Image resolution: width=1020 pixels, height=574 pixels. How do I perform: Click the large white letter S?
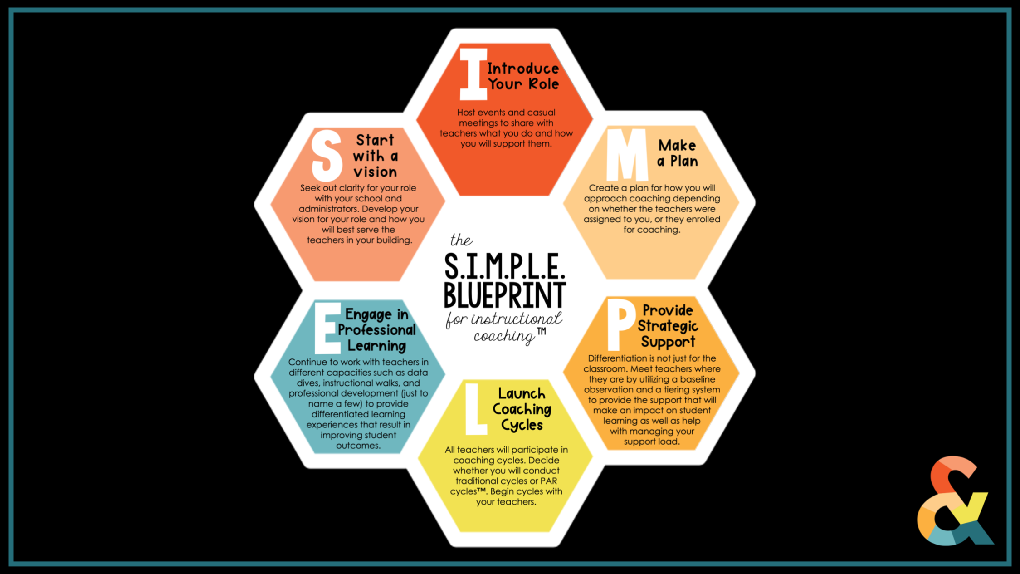tap(327, 155)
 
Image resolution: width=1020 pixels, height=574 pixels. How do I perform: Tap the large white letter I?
tap(473, 74)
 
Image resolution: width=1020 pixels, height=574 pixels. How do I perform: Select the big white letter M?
tap(627, 154)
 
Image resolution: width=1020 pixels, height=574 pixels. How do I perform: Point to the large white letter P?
tap(620, 324)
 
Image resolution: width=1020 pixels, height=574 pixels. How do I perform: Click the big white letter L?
tap(475, 409)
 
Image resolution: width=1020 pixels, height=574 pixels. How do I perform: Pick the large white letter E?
tap(327, 328)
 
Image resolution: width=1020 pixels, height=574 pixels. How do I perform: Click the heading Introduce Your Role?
tap(523, 76)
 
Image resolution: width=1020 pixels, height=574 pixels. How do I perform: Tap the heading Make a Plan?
tap(677, 153)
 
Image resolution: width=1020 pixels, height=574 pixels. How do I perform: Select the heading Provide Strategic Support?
tap(668, 326)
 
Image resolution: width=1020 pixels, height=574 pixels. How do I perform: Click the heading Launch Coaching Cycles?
tap(522, 409)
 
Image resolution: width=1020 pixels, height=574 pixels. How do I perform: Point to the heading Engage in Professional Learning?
tap(376, 330)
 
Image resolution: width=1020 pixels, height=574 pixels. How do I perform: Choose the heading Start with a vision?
tap(375, 156)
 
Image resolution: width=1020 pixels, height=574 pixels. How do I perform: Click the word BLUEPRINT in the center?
tap(505, 295)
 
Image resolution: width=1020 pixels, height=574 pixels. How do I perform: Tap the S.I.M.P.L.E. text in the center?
tap(505, 266)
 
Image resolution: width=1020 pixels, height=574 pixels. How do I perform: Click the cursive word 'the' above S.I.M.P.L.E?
tap(461, 240)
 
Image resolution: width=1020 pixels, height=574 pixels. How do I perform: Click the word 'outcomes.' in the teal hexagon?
tap(358, 446)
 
